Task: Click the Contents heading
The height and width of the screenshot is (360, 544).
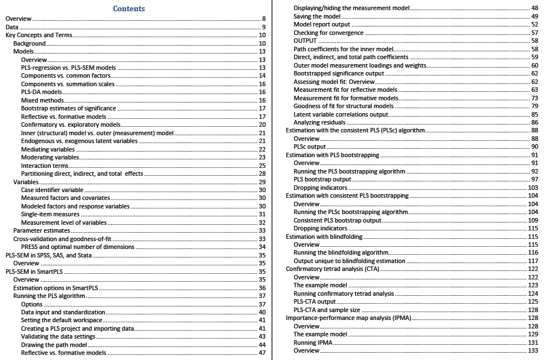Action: [129, 8]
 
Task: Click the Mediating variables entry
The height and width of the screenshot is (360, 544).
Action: [48, 149]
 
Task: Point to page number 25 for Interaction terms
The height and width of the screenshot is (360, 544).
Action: [262, 166]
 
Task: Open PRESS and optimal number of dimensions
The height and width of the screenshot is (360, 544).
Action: [78, 247]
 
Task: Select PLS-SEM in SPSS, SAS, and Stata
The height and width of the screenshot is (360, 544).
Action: [51, 255]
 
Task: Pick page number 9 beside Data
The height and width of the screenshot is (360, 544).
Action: [264, 27]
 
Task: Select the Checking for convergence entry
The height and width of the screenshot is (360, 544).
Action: [328, 33]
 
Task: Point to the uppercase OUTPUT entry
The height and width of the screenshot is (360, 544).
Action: [305, 41]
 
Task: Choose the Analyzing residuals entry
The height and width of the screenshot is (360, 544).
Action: [319, 122]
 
